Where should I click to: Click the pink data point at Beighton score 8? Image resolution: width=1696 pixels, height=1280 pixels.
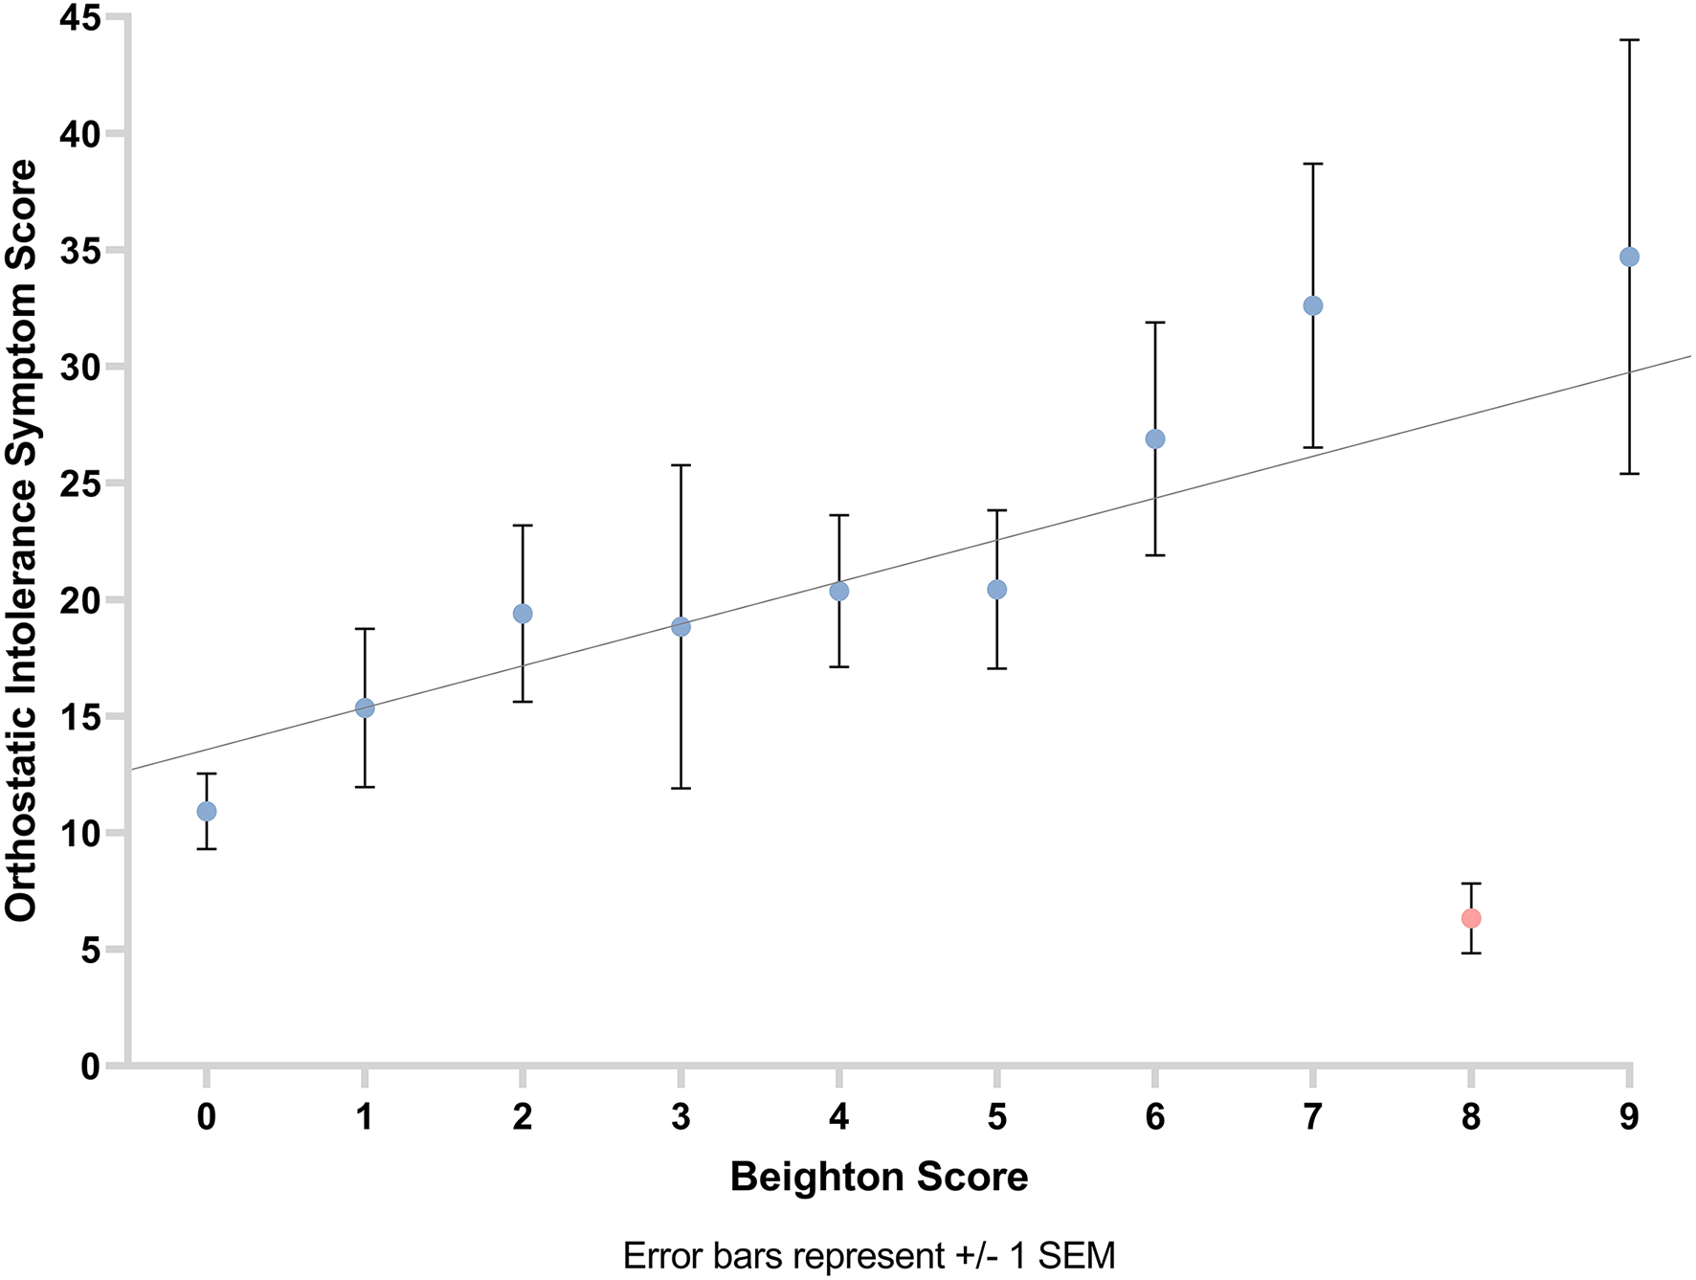click(x=1471, y=918)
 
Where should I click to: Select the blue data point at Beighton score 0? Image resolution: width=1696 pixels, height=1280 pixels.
click(x=207, y=811)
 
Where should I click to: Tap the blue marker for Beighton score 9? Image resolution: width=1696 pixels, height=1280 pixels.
click(x=1629, y=257)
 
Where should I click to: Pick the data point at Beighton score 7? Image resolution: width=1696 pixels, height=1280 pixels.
click(x=1313, y=305)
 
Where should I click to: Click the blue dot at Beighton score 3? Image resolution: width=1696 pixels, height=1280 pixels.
click(x=681, y=627)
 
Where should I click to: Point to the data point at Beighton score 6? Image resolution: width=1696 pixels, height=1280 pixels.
click(x=1155, y=438)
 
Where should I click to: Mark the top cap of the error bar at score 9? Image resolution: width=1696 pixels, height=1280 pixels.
click(x=1629, y=40)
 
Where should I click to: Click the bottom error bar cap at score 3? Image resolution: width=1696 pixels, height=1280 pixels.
click(x=681, y=788)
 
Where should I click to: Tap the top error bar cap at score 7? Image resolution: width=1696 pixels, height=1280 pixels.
click(x=1313, y=164)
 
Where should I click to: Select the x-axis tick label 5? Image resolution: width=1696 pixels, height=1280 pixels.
click(x=997, y=1116)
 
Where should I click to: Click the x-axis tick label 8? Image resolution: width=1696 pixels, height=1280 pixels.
click(x=1471, y=1116)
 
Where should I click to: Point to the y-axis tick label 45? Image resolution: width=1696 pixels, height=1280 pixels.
click(x=80, y=17)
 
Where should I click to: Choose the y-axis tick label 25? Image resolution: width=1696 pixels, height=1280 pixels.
click(x=80, y=483)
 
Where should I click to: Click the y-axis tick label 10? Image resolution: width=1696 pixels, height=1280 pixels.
click(x=80, y=833)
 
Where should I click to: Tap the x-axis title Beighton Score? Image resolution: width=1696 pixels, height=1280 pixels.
click(x=879, y=1177)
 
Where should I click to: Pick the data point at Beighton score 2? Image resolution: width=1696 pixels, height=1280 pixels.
click(x=523, y=614)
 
